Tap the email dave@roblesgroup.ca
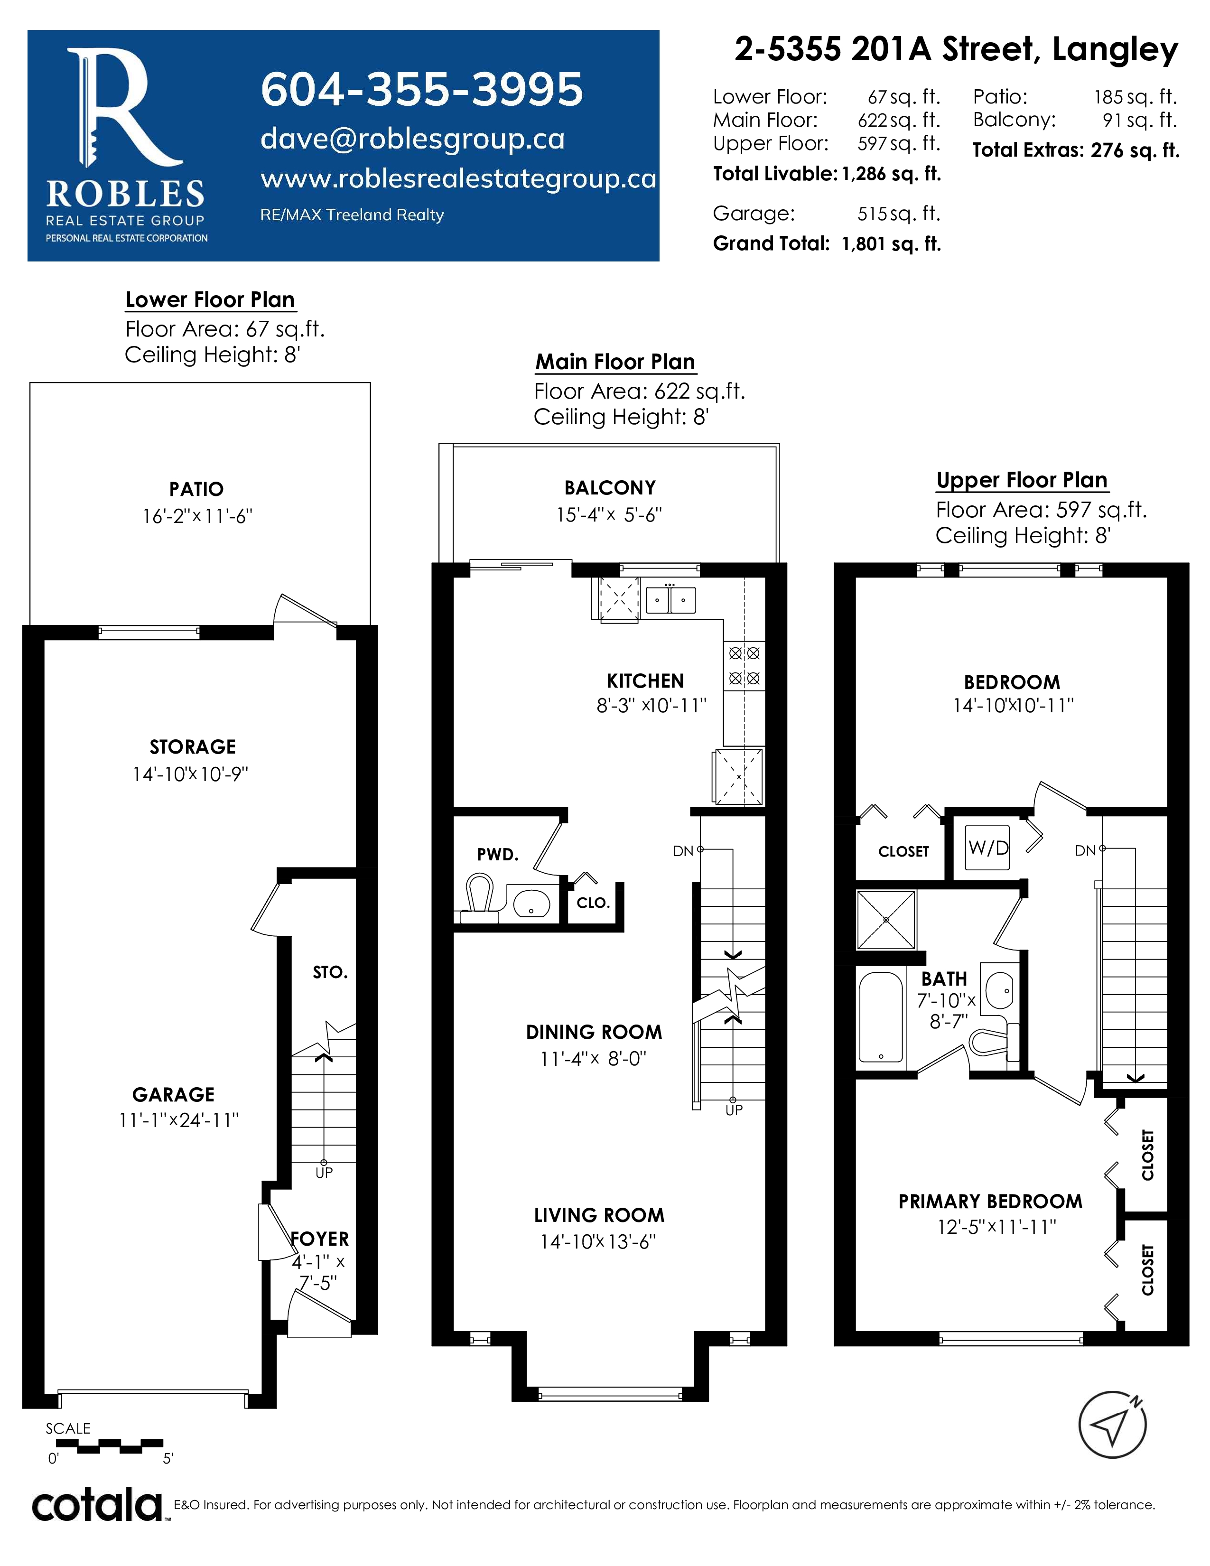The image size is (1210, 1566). pyautogui.click(x=412, y=139)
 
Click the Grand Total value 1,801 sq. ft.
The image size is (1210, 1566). pyautogui.click(x=891, y=244)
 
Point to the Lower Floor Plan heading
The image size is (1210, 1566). pyautogui.click(x=210, y=300)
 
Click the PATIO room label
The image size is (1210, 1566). pyautogui.click(x=196, y=489)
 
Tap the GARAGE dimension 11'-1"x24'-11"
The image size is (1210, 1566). pyautogui.click(x=178, y=1120)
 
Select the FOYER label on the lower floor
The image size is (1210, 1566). pyautogui.click(x=320, y=1238)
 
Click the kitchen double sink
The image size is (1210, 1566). pyautogui.click(x=670, y=599)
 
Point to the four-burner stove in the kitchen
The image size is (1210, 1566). pyautogui.click(x=744, y=665)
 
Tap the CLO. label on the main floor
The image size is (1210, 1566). pyautogui.click(x=593, y=903)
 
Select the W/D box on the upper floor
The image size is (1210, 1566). pyautogui.click(x=987, y=848)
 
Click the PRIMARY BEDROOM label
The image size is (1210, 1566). pyautogui.click(x=990, y=1201)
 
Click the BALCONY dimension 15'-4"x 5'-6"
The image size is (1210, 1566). pyautogui.click(x=609, y=515)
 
